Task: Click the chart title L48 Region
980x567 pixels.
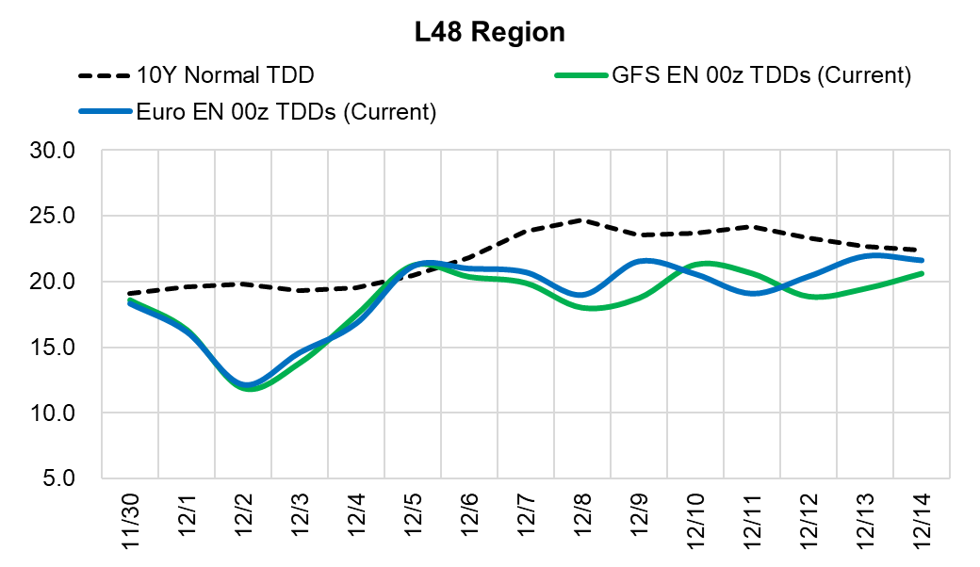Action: (490, 32)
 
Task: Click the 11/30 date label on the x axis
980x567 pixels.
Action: (131, 517)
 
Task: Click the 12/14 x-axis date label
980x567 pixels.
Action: (921, 517)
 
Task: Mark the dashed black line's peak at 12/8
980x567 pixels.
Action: (582, 220)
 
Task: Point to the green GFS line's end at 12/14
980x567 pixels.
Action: (921, 274)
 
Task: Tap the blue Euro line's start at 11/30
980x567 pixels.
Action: (130, 302)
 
